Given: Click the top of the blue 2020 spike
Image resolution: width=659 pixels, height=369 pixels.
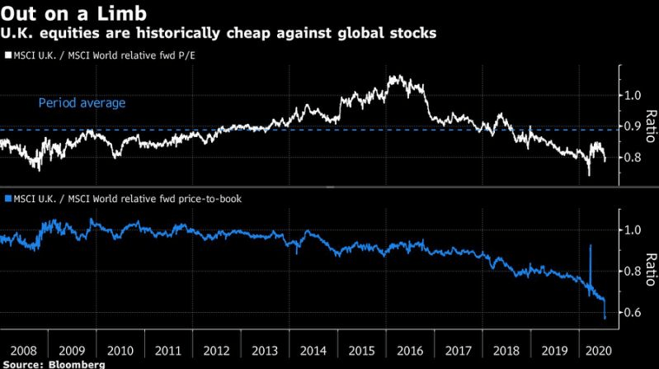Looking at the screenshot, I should [x=590, y=245].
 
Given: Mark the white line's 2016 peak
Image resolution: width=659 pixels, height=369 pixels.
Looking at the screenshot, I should [x=395, y=77].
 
